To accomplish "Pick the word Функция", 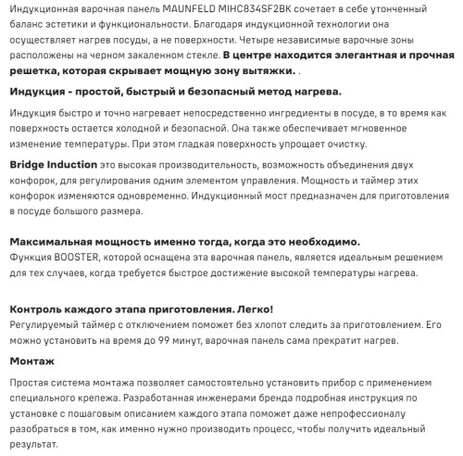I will (32, 259).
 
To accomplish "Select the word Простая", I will (32, 382).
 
